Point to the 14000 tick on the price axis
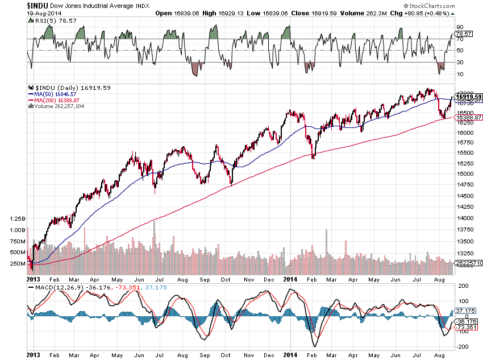coord(465,218)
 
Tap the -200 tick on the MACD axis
coord(461,346)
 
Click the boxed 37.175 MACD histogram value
coord(467,311)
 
